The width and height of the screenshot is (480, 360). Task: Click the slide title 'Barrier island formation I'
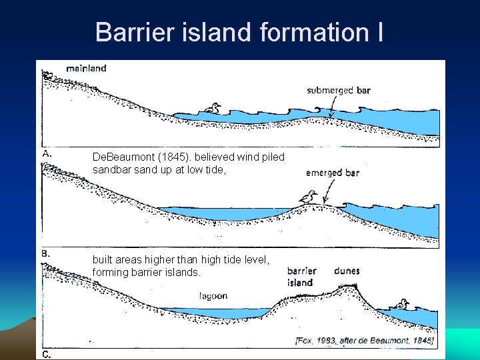[x=239, y=31]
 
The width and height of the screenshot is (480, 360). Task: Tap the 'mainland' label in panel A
[x=86, y=68]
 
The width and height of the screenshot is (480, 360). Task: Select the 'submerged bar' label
[x=339, y=91]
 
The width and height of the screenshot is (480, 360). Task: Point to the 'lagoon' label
[x=213, y=296]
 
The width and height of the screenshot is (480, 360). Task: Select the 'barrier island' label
[x=301, y=277]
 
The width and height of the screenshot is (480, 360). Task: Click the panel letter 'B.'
[x=47, y=253]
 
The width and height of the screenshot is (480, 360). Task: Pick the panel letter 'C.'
[x=47, y=355]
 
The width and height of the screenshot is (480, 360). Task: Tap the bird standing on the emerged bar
[x=307, y=197]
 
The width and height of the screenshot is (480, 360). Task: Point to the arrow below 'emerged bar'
[x=326, y=194]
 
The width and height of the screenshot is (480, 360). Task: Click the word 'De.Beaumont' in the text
[x=117, y=157]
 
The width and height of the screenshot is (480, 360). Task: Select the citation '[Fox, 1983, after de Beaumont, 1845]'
[x=364, y=341]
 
